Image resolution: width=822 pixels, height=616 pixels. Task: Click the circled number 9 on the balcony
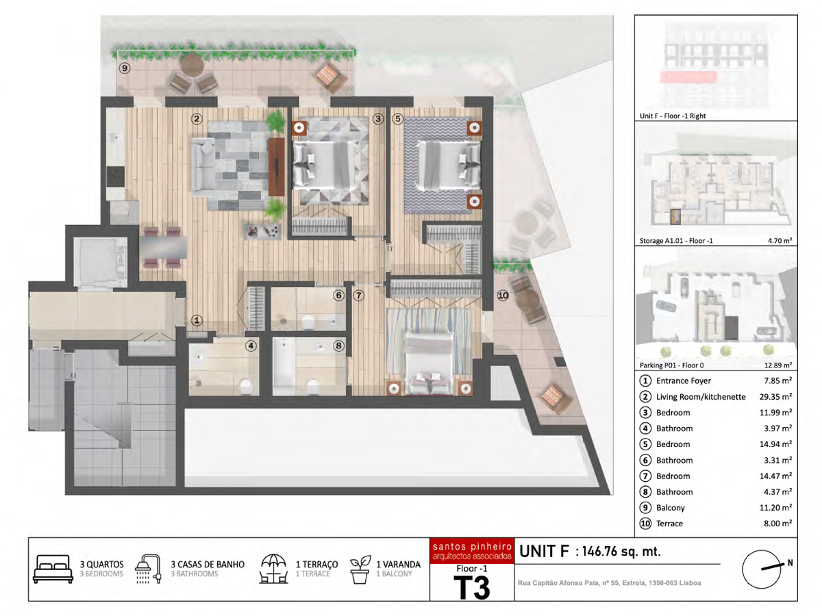tap(125, 68)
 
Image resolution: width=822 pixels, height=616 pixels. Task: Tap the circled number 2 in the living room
tap(197, 119)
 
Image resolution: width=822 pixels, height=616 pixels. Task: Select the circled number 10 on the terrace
tap(503, 296)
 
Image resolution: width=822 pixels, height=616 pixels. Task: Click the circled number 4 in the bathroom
tap(251, 346)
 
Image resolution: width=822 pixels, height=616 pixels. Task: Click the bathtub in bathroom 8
tap(284, 366)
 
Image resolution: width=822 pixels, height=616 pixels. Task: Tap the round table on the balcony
tap(192, 65)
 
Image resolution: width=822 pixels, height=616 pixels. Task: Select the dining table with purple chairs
tap(163, 247)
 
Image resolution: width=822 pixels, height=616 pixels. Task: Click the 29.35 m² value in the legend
tap(775, 396)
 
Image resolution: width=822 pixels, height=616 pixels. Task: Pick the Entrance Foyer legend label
tap(684, 381)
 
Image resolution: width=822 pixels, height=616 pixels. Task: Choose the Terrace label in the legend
tap(669, 524)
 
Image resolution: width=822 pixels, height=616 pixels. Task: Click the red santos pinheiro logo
tap(472, 551)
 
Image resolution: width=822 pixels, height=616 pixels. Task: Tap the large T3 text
tap(472, 587)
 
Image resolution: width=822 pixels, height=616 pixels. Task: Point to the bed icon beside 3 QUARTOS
tap(53, 569)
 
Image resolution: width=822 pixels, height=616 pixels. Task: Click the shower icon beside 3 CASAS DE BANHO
tap(148, 569)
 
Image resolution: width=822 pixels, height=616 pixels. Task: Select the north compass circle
tap(761, 569)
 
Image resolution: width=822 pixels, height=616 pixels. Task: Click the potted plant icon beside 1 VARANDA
tap(360, 569)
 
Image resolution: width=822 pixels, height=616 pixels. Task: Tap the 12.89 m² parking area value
tap(778, 365)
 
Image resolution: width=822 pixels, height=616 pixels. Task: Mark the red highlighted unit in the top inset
tap(688, 77)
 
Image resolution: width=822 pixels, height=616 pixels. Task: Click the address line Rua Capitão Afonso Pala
tap(609, 582)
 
